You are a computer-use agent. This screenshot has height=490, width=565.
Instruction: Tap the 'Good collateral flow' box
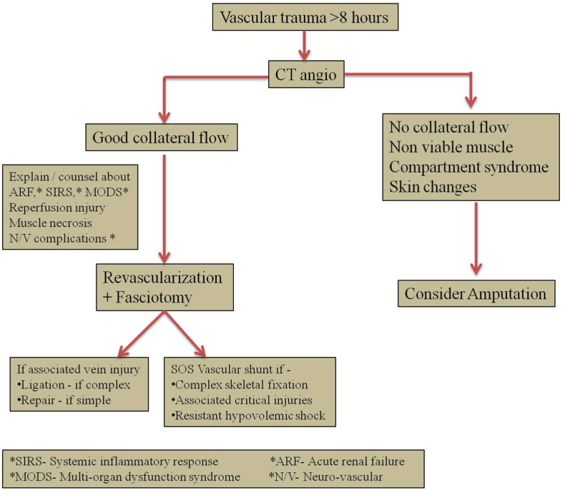tap(165, 137)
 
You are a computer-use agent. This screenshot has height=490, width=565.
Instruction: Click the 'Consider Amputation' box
tap(475, 293)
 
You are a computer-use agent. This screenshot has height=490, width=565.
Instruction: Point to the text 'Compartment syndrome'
tap(468, 166)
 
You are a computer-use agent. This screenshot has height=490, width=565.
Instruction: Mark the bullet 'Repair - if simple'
tap(67, 399)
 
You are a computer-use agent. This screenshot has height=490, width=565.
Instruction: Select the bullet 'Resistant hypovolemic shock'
tap(250, 414)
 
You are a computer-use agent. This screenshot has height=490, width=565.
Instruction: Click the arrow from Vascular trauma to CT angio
tap(306, 45)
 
